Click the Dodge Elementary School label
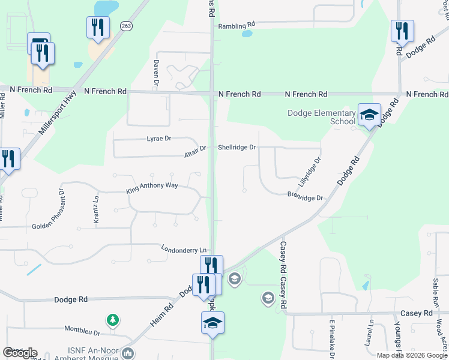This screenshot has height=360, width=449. tap(321, 117)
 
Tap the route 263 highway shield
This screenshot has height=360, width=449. tap(126, 26)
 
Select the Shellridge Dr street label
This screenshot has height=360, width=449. tap(237, 147)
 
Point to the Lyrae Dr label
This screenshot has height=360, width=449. tap(159, 139)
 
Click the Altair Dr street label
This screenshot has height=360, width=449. tap(195, 148)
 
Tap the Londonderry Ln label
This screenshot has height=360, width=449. tap(184, 248)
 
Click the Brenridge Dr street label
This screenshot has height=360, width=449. tap(305, 197)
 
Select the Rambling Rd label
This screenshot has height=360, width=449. tap(237, 26)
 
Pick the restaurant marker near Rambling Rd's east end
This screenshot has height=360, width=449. tap(402, 31)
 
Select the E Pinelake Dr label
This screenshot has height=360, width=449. tap(331, 340)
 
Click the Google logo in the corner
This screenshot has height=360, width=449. tap(20, 353)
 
